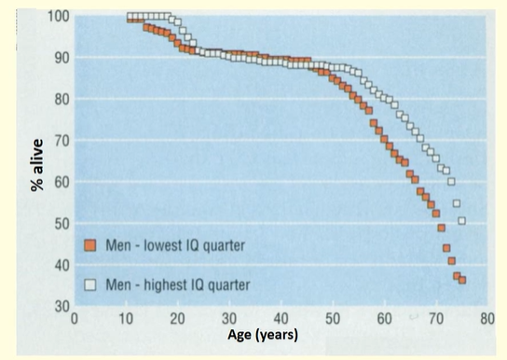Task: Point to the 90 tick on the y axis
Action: point(59,58)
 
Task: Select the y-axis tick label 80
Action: point(59,99)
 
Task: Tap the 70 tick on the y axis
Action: point(59,141)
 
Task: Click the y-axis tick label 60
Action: point(59,182)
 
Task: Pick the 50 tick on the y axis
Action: point(59,224)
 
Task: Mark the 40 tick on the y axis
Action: point(59,265)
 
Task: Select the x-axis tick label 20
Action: point(177,319)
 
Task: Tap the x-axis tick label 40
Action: point(280,319)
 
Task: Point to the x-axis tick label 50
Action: point(331,319)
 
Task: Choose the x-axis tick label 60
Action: point(382,319)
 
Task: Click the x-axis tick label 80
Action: point(485,319)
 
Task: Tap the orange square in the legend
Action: point(90,245)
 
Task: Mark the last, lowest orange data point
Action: point(461,280)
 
